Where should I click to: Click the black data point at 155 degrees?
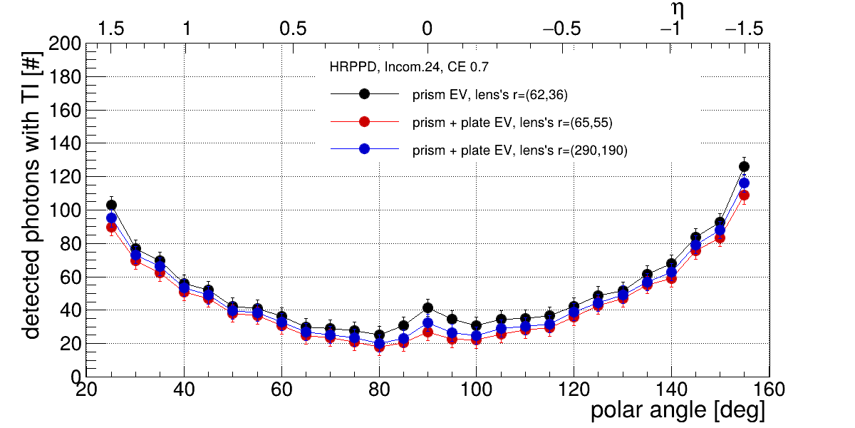pos(744,166)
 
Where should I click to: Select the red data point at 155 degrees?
pos(744,195)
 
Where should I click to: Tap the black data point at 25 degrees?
pos(111,205)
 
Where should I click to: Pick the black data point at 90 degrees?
pos(427,307)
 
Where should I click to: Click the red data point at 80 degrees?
pos(379,347)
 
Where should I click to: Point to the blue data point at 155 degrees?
pos(744,183)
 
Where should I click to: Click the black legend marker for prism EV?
pos(364,93)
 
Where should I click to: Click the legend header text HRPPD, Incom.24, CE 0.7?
pos(408,68)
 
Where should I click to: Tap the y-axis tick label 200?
pos(65,44)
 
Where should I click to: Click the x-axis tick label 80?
pos(379,389)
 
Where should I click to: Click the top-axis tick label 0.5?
pos(293,29)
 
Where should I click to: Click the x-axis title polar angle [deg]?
pos(678,411)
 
